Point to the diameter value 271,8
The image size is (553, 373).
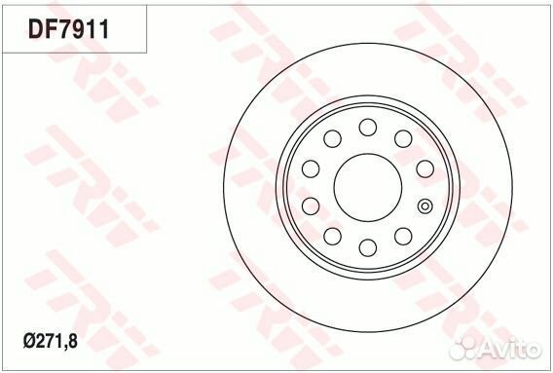(68, 342)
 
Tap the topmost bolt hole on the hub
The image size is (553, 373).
(367, 127)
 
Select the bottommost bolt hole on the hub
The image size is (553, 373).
(367, 247)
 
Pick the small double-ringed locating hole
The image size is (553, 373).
(424, 205)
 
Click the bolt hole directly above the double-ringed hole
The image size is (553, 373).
(424, 168)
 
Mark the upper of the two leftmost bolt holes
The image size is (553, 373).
(310, 168)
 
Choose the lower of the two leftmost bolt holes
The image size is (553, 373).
(310, 205)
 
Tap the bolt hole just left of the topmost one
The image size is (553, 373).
(332, 138)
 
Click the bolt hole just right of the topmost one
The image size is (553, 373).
(402, 138)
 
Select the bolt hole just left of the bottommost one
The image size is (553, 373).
(332, 236)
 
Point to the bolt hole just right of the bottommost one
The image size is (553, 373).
(402, 236)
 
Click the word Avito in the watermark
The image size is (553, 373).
(514, 348)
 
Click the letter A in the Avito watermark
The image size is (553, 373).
(494, 348)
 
